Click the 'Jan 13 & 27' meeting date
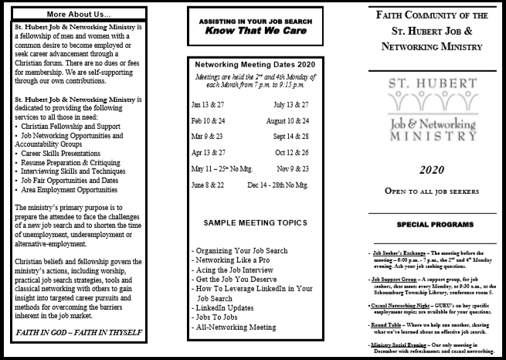point(208,104)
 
